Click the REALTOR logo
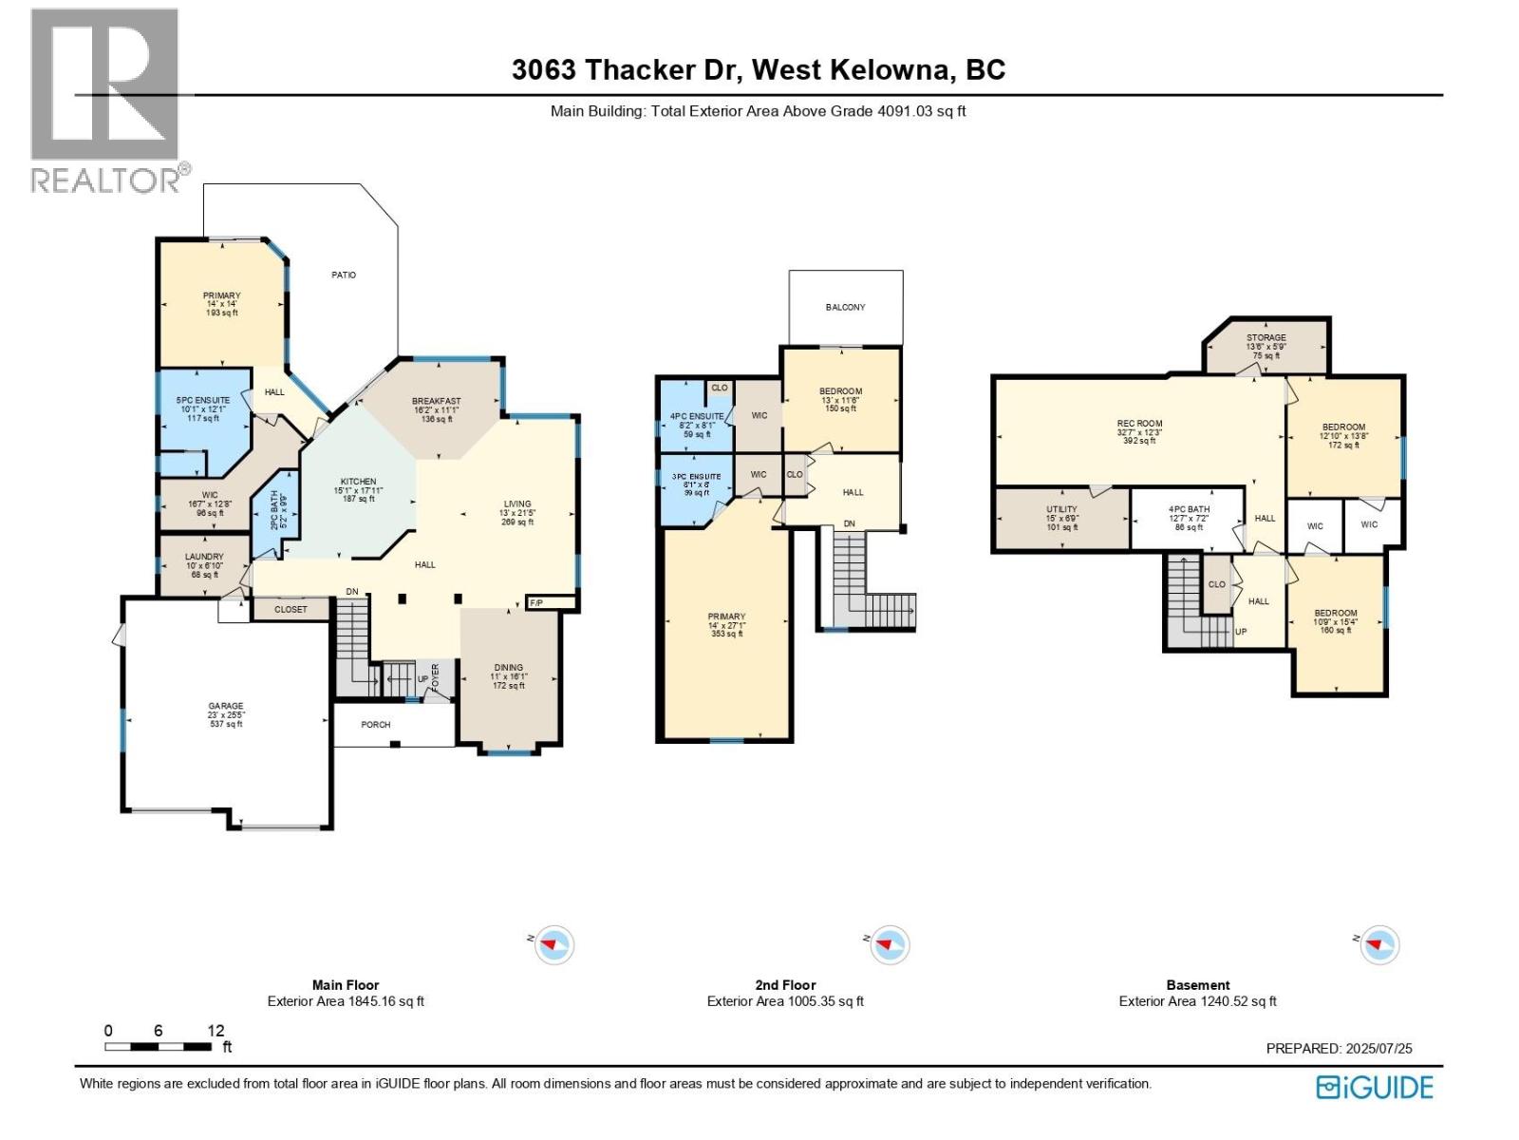(x=104, y=100)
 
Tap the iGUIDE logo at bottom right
(x=1374, y=1087)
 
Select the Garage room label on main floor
(x=226, y=707)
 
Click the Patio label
(x=344, y=275)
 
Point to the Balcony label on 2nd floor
(x=845, y=307)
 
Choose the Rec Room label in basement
(x=1139, y=424)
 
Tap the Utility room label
(x=1061, y=510)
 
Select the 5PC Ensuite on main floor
(x=203, y=401)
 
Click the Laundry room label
(x=204, y=557)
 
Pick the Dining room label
(x=508, y=668)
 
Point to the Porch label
(x=376, y=725)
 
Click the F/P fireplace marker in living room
(x=535, y=603)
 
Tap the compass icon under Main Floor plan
(x=553, y=945)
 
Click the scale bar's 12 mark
(x=216, y=1031)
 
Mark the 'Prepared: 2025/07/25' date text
(x=1339, y=1049)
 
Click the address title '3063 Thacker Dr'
(x=630, y=70)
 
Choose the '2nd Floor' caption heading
(x=785, y=985)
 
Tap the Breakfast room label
(x=436, y=401)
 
